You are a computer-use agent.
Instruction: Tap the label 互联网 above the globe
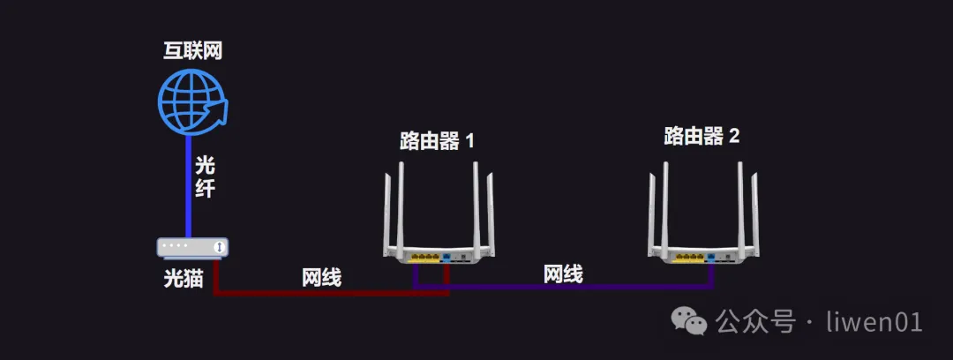pos(192,51)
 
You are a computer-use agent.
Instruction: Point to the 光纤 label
pos(205,176)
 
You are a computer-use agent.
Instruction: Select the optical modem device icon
pos(192,247)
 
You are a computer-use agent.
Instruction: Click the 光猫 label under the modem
pos(183,279)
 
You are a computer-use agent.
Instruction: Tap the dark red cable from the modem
pos(331,293)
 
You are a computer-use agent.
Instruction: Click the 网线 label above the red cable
pos(321,277)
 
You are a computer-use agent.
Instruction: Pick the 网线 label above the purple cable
pos(563,274)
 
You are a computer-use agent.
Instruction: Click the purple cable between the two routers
pos(563,286)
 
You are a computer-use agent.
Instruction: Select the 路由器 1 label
pos(437,141)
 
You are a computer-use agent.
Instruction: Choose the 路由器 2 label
pos(702,136)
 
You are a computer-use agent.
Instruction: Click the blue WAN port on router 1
pos(446,258)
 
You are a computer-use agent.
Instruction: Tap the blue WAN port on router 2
pos(710,258)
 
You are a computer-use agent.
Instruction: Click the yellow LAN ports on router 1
pos(424,258)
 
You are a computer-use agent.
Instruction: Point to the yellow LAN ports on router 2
pos(689,258)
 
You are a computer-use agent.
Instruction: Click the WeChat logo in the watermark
pos(688,320)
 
